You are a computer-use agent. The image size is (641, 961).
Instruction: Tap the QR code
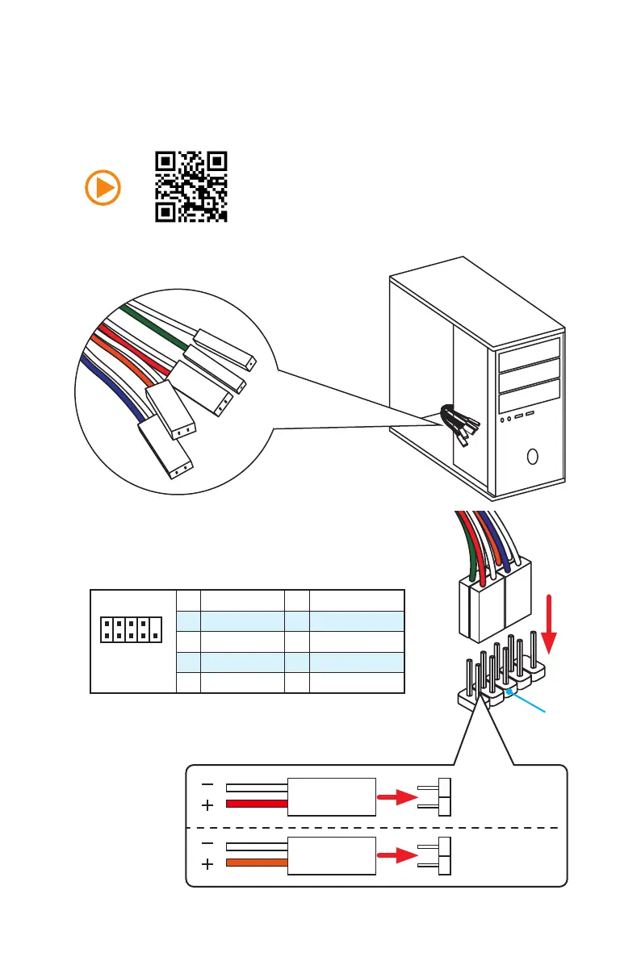(x=191, y=186)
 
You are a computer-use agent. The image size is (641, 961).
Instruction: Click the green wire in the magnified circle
(x=153, y=322)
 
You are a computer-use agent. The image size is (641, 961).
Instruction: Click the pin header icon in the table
(x=131, y=629)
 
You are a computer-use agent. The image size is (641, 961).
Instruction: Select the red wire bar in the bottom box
(x=257, y=804)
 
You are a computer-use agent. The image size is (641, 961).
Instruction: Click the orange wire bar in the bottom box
(x=257, y=863)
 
